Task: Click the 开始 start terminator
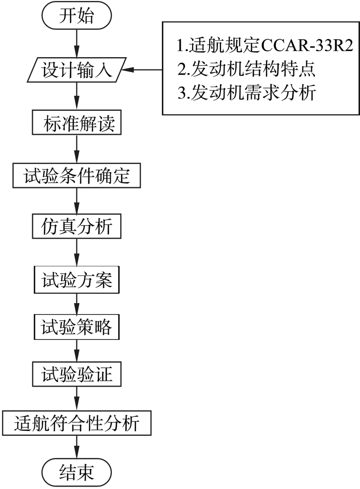click(x=76, y=15)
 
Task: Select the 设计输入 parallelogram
click(x=76, y=70)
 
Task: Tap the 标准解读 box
click(x=76, y=123)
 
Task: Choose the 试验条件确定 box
click(x=76, y=175)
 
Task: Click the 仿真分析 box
click(x=76, y=227)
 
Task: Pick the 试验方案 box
click(x=76, y=280)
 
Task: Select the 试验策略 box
click(x=76, y=327)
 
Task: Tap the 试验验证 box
click(x=76, y=374)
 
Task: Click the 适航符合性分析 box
click(x=76, y=423)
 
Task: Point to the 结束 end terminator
click(x=76, y=472)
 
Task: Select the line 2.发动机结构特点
click(x=247, y=69)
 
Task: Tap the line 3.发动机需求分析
click(x=247, y=92)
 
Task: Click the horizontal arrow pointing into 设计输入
click(x=142, y=70)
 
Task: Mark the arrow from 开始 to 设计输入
click(x=76, y=43)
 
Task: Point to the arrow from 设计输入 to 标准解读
click(x=76, y=96)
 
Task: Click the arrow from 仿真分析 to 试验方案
click(x=76, y=252)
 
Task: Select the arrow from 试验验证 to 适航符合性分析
click(x=76, y=399)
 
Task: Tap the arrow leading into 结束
click(x=76, y=447)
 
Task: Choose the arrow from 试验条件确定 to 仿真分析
click(x=76, y=201)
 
